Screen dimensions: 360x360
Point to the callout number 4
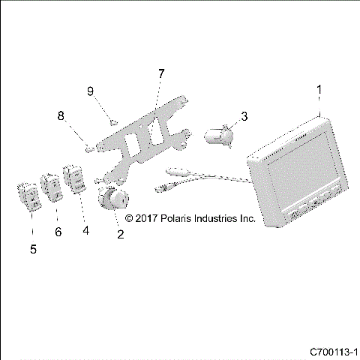[85, 230]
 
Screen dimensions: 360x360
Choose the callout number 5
[32, 247]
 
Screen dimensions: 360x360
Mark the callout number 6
[57, 232]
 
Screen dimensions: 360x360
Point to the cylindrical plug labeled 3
[219, 136]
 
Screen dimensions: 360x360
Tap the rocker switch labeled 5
[31, 199]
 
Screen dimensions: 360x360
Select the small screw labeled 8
[88, 149]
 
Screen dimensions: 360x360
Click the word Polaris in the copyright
[172, 219]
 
